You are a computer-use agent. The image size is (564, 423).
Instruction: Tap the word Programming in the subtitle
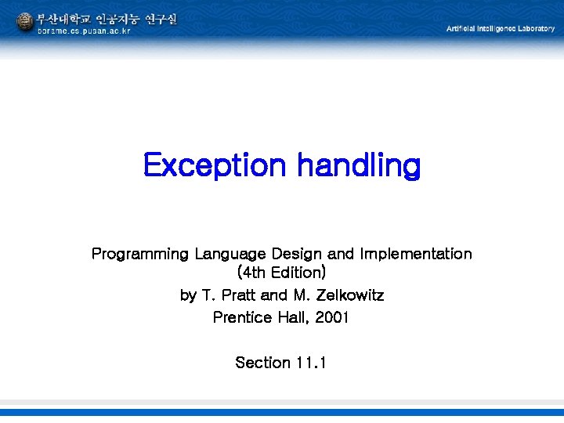click(140, 254)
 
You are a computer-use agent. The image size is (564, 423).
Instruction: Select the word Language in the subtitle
click(230, 254)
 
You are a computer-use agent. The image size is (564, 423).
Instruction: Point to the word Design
click(297, 254)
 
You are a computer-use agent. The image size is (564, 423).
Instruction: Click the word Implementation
click(415, 254)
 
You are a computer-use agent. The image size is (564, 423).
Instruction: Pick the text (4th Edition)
click(281, 273)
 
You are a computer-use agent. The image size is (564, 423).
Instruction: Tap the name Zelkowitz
click(349, 295)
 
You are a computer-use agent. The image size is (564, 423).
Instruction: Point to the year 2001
click(332, 317)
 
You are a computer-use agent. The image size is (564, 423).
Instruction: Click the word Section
click(262, 363)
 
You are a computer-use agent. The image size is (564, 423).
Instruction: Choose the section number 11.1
click(312, 363)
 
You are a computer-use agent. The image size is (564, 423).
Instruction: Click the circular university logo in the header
click(25, 22)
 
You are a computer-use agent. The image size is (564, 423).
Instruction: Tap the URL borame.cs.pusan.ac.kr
click(84, 31)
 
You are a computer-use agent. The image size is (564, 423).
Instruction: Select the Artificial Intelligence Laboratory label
click(500, 28)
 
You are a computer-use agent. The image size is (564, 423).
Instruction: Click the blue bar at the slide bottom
click(282, 411)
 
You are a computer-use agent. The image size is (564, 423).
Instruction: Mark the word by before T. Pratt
click(188, 295)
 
